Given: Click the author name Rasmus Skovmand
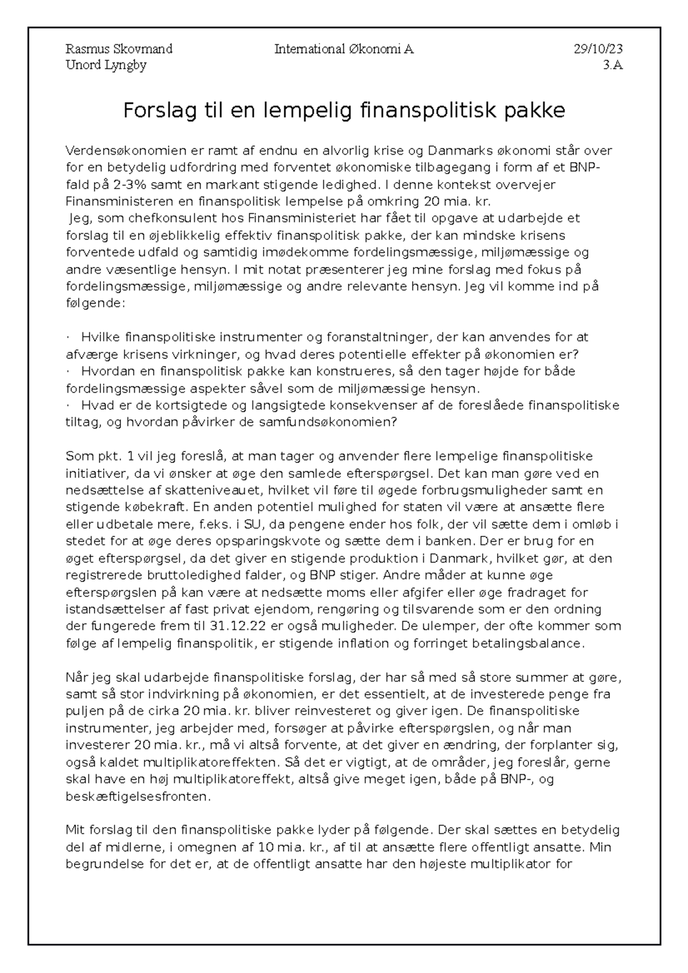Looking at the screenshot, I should coord(119,49).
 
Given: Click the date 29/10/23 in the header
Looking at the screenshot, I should coord(598,49).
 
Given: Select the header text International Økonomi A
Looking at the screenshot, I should coord(344,49).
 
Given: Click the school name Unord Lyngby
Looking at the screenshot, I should coord(106,65).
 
